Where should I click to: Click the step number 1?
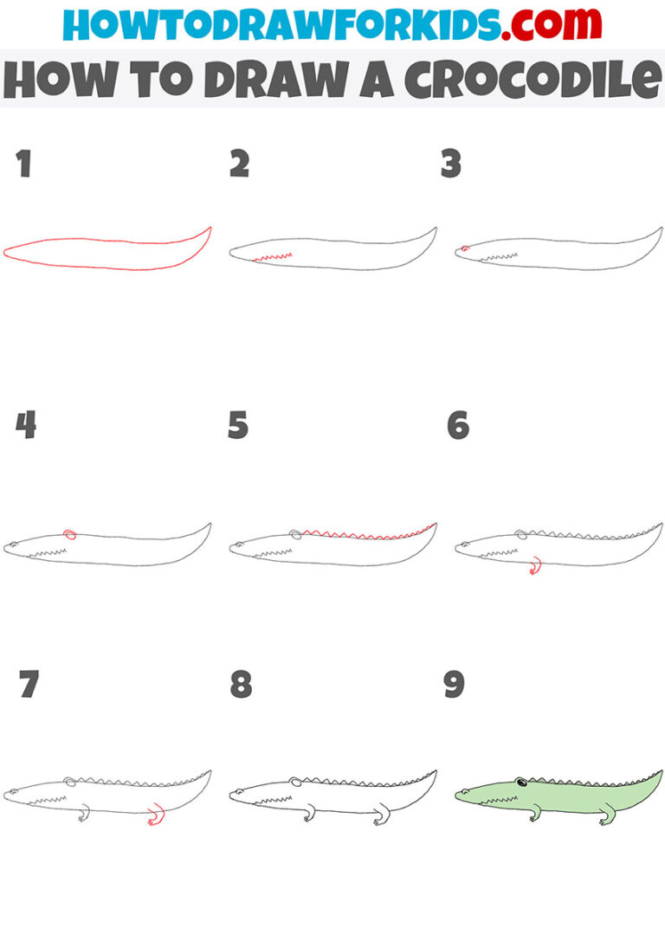pos(23,164)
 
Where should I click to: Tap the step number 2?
pos(239,164)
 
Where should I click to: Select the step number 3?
pos(451,164)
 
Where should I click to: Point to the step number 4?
pos(25,425)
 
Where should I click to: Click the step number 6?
pos(458,425)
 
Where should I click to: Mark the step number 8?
pos(241,684)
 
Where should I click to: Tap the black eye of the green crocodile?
pos(520,785)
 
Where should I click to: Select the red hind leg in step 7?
pos(155,816)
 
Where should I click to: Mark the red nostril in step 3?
pos(465,248)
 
